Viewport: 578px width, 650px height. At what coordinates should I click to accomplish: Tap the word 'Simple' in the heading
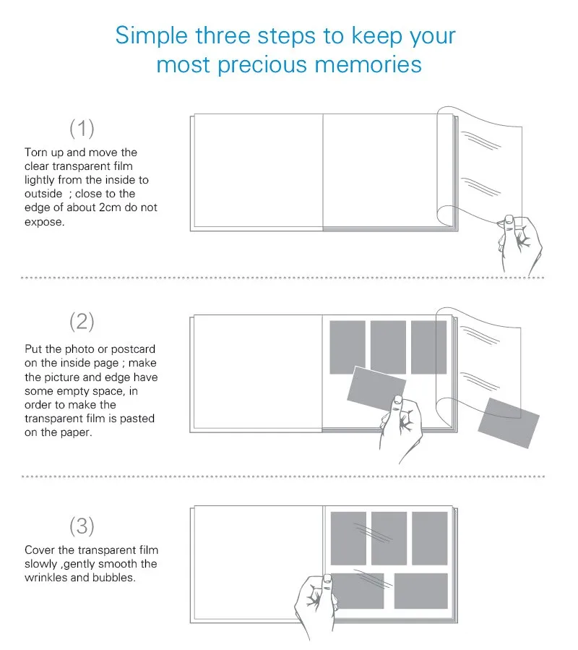(x=152, y=35)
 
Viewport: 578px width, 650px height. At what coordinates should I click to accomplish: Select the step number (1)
(x=82, y=129)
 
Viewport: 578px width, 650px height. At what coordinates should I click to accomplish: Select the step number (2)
(x=82, y=322)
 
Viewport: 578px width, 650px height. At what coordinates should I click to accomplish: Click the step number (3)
(x=82, y=526)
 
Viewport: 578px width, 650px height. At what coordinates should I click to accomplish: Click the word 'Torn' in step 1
(x=36, y=153)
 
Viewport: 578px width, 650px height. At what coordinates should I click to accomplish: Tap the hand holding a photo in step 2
(x=401, y=427)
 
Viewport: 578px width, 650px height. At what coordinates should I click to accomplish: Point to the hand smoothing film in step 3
(x=316, y=603)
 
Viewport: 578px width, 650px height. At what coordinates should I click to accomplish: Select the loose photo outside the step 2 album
(x=509, y=423)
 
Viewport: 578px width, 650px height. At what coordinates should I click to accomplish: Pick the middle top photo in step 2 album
(x=388, y=347)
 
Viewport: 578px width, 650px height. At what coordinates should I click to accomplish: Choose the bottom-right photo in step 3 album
(x=421, y=591)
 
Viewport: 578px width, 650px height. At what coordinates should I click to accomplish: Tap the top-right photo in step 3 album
(x=430, y=539)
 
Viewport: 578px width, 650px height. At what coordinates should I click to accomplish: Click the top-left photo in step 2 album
(x=348, y=347)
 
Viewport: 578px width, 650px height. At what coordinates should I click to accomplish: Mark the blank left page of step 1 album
(x=258, y=171)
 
